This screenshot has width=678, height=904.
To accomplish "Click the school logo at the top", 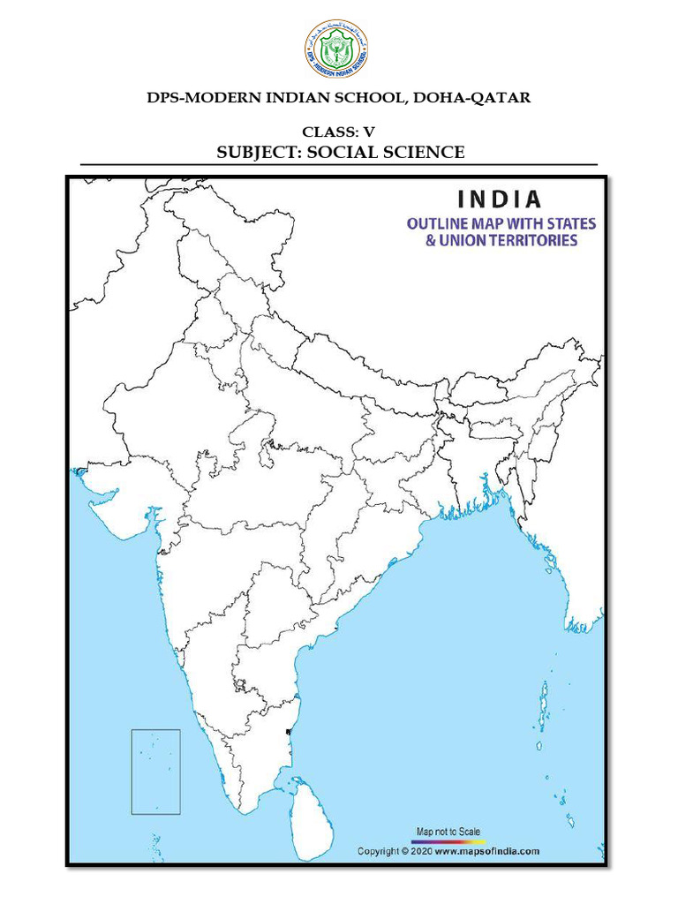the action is pos(338,49).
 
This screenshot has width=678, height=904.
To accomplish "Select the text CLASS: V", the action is pos(338,132).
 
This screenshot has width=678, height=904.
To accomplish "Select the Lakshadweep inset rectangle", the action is pos(155,772).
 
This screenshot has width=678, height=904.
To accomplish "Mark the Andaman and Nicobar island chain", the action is pos(541,706).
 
